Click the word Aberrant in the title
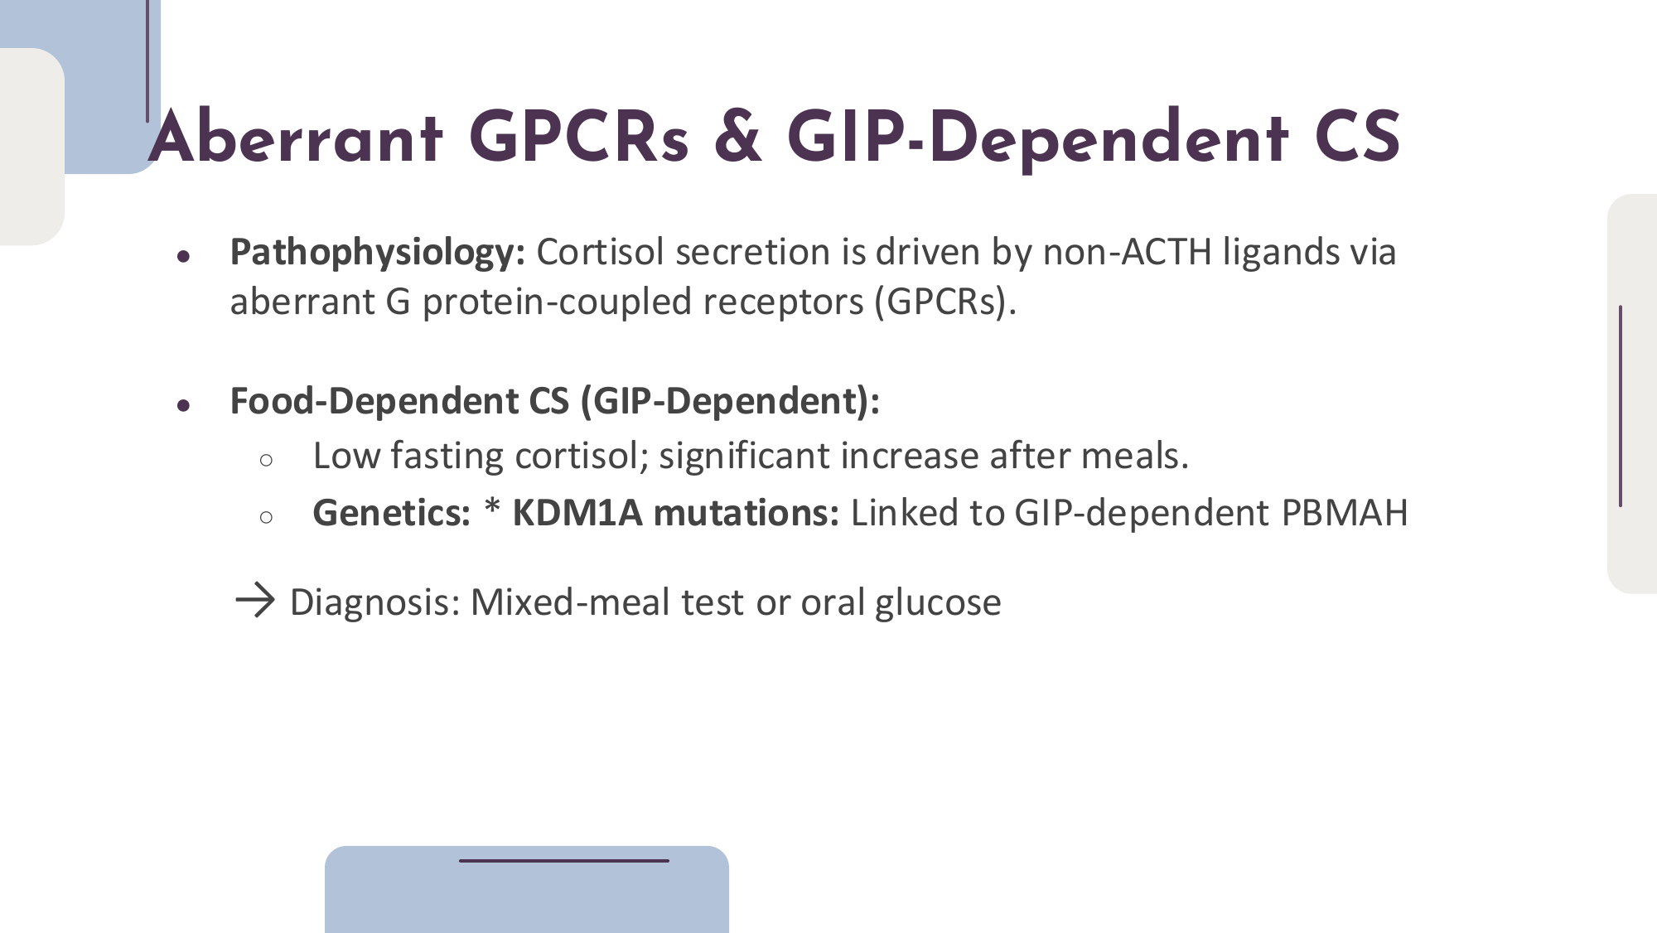[296, 138]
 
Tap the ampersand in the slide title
[737, 138]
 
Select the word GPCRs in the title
[578, 138]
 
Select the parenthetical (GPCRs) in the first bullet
[945, 302]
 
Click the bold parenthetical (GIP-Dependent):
[730, 402]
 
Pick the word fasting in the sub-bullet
[447, 457]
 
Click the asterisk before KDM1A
[492, 506]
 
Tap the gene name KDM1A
[577, 513]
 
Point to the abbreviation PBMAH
[1344, 513]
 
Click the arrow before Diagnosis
[255, 601]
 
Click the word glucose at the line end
[938, 603]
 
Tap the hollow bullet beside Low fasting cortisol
[266, 461]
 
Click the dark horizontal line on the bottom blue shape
[564, 861]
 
